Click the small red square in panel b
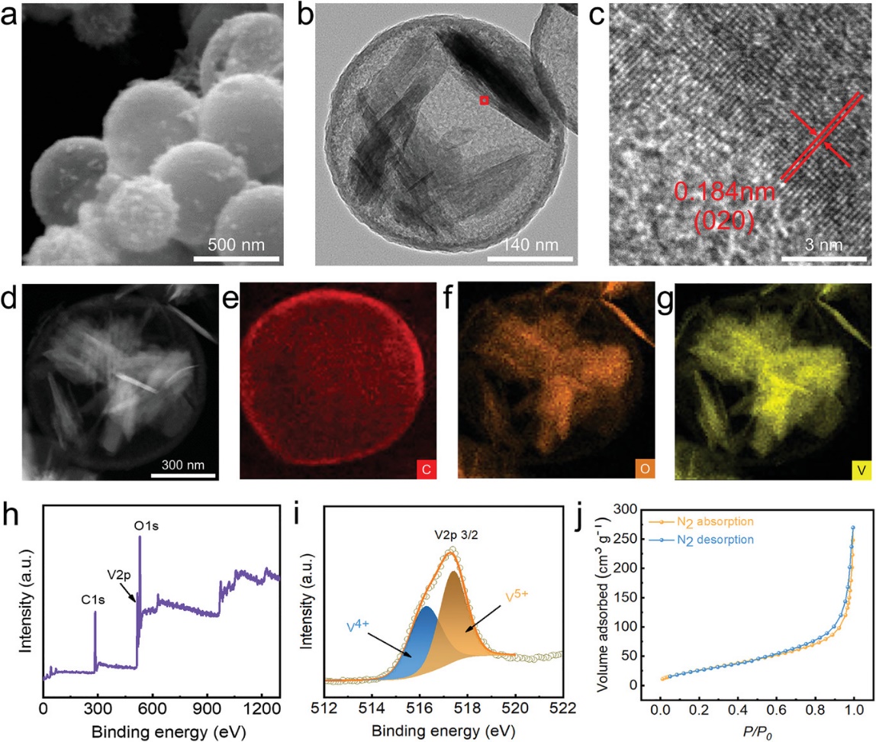484,100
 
